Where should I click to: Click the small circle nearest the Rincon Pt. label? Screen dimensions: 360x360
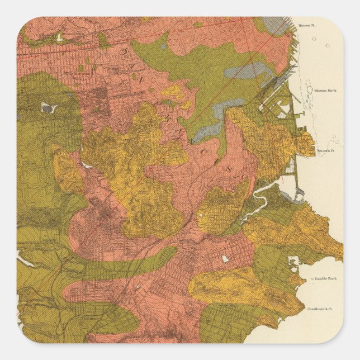click(x=314, y=39)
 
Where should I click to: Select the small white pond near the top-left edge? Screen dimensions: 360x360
click(x=59, y=38)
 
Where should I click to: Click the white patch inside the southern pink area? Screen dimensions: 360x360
click(x=225, y=259)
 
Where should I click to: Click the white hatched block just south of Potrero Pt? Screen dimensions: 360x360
click(x=291, y=165)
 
